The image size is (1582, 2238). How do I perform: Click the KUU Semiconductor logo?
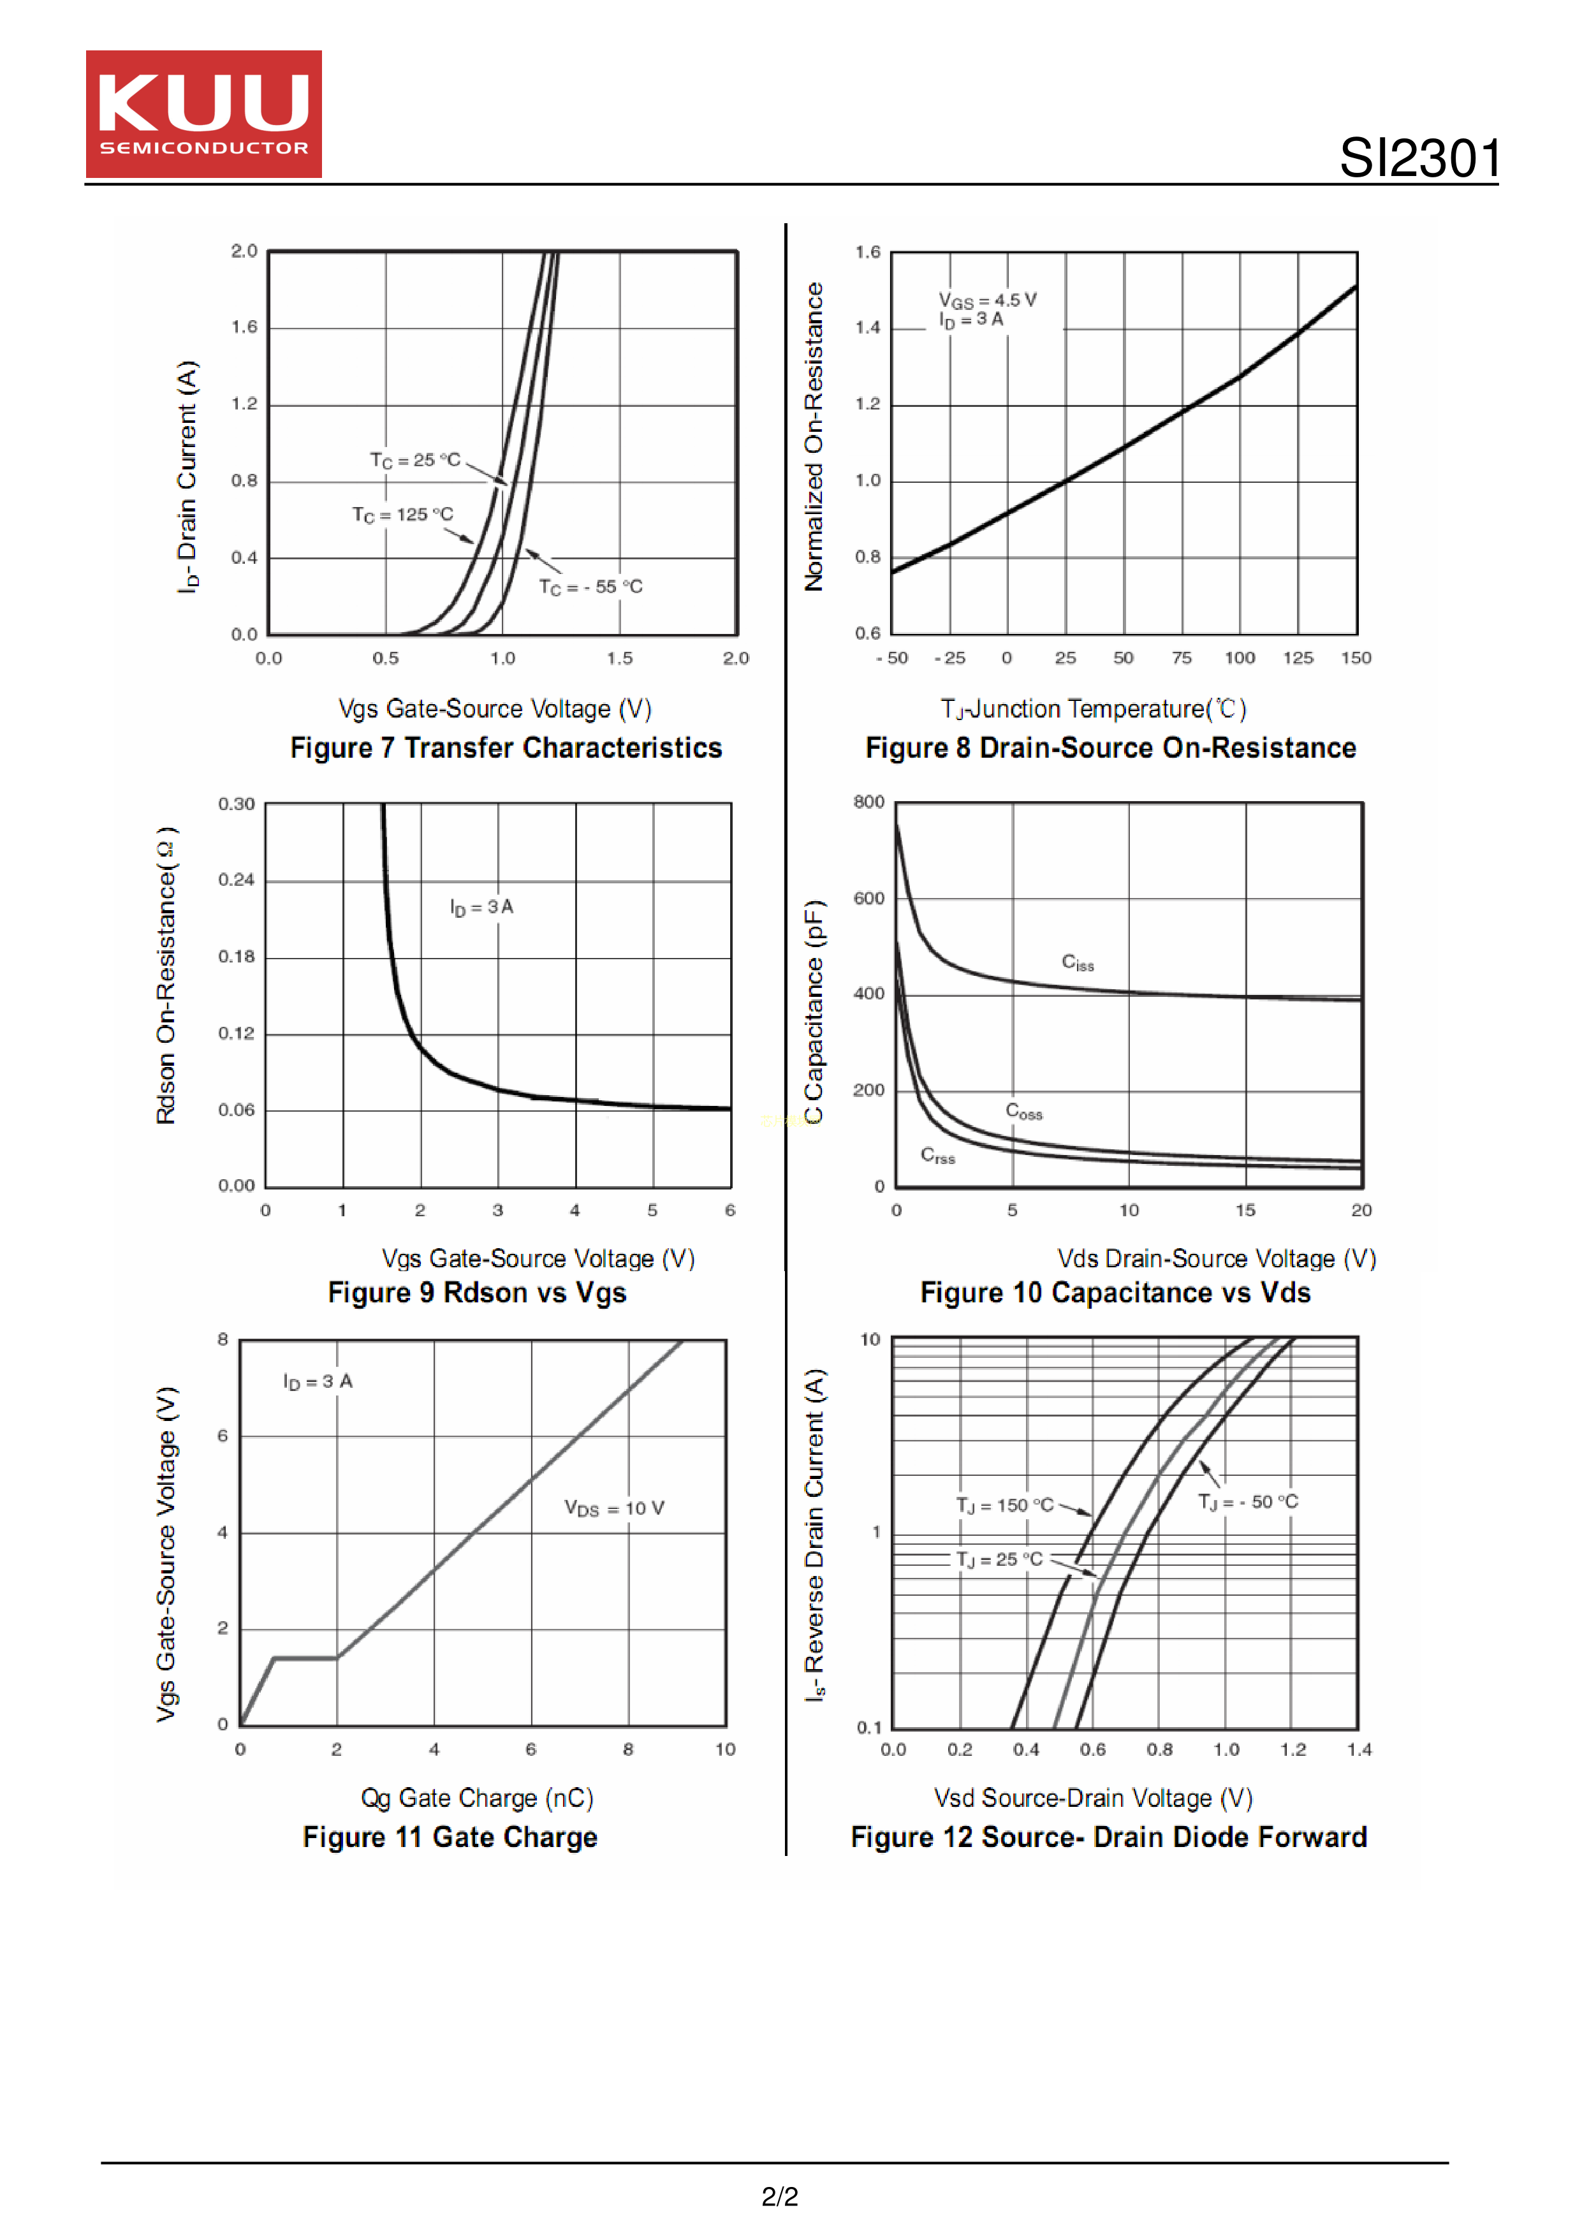(203, 114)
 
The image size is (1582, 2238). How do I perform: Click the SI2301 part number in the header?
(1419, 158)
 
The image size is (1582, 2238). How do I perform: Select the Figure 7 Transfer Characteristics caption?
(506, 747)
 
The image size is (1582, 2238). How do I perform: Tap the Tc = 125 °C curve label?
(402, 515)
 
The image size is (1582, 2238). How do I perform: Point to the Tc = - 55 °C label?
(590, 587)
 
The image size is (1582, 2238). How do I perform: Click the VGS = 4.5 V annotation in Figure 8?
(988, 300)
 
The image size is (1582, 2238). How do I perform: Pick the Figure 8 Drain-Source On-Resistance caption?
(1110, 747)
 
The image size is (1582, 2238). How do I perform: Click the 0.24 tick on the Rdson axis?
(236, 880)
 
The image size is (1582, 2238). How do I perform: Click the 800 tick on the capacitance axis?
(868, 802)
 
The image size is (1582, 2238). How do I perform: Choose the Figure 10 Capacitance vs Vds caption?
(1115, 1293)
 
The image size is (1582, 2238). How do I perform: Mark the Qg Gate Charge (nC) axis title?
(477, 1797)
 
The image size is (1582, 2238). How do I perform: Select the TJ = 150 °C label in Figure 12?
(1005, 1505)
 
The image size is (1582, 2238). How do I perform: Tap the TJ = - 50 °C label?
(1248, 1502)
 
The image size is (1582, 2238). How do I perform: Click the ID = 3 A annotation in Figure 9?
(481, 908)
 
